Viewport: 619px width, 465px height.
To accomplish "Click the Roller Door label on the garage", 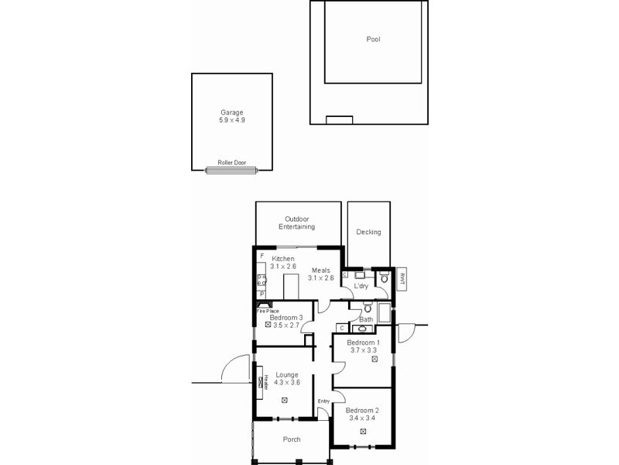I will pos(231,163).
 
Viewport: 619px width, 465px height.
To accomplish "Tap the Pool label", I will pos(373,39).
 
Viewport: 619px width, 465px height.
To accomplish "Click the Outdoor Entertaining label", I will pos(297,223).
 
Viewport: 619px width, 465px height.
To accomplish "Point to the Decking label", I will pos(368,232).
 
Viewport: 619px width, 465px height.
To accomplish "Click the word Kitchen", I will pos(283,258).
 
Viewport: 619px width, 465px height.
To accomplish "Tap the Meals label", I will pos(321,270).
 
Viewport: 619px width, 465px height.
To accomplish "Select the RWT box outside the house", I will pos(402,280).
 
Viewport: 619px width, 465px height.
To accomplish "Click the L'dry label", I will pos(361,287).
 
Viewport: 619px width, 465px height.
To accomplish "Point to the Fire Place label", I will pos(268,311).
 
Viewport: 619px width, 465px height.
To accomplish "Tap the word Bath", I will pos(366,319).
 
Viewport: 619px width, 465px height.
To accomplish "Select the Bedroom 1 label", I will pos(363,343).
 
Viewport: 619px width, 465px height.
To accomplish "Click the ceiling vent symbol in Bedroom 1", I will pos(374,359).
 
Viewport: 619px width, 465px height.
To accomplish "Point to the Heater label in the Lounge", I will pos(265,381).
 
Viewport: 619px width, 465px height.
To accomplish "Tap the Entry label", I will pos(323,401).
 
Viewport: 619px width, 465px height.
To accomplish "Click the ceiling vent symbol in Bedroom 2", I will pos(363,430).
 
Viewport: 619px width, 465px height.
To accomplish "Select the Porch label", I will pos(292,439).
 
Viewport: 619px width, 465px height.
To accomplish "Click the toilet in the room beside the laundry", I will pos(385,277).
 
